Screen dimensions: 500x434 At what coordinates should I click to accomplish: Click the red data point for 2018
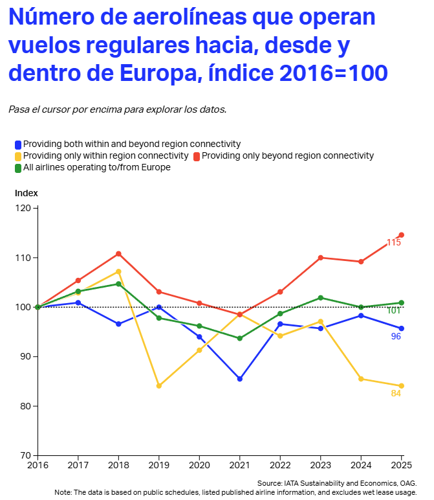pos(118,253)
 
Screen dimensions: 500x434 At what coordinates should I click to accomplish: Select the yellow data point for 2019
pos(159,386)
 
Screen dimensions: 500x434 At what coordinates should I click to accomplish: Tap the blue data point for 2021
pos(240,379)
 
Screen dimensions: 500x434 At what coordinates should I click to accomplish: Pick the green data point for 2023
pos(321,298)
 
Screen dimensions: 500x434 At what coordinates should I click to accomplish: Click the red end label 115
pos(394,243)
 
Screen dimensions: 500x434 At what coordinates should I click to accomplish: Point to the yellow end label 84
pos(396,394)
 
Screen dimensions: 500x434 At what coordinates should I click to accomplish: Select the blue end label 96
pos(396,337)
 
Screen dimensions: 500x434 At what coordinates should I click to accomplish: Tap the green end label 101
pos(394,311)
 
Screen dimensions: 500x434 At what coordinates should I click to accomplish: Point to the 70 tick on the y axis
pos(25,455)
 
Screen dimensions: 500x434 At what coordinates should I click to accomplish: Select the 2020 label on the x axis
pos(199,465)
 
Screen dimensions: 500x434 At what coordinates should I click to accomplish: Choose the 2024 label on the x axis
pos(361,465)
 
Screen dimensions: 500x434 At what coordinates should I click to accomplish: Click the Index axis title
pos(27,193)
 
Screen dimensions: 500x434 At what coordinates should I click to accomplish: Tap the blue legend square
pos(18,144)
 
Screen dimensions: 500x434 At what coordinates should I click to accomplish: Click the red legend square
pos(197,156)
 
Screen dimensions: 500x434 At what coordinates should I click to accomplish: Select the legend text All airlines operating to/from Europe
pos(96,168)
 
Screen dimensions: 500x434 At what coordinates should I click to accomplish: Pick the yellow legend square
pos(18,156)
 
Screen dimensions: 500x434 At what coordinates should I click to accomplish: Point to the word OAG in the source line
pos(407,483)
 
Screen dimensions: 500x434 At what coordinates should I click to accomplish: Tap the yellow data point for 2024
pos(361,379)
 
